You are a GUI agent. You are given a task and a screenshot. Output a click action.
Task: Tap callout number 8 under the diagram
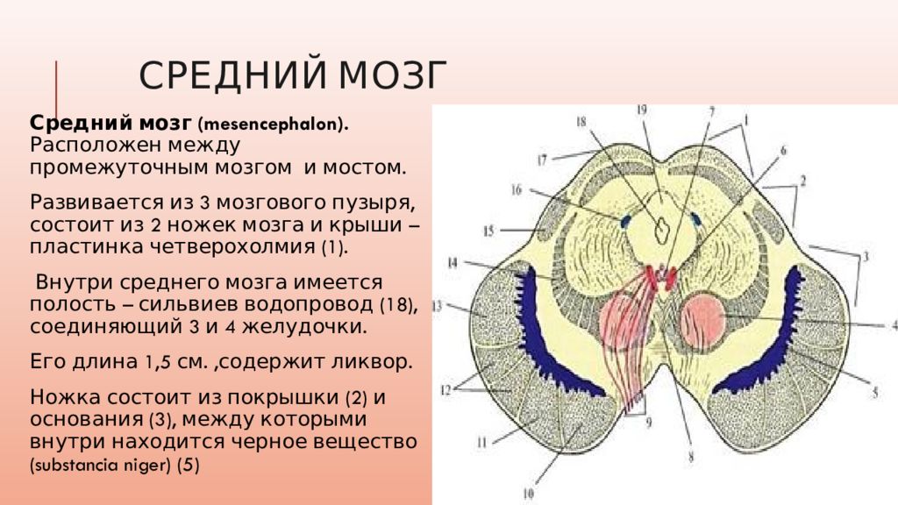click(690, 456)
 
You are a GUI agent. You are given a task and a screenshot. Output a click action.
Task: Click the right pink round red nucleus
click(702, 320)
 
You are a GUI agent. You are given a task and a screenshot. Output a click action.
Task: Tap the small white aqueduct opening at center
click(664, 226)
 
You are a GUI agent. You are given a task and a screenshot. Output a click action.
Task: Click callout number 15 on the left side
click(488, 231)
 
